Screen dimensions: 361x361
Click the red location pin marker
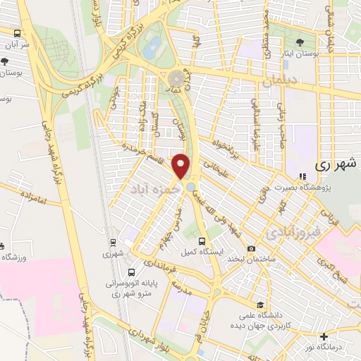click(x=183, y=166)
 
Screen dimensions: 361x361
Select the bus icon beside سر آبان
click(x=17, y=33)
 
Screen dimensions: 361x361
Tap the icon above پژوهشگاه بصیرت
click(x=302, y=176)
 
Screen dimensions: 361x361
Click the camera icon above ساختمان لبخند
click(x=252, y=248)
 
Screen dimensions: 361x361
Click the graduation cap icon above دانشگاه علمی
click(x=262, y=305)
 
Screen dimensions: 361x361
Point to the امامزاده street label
click(x=32, y=202)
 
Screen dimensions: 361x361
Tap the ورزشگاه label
click(x=16, y=257)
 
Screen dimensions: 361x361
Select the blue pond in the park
click(x=152, y=47)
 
